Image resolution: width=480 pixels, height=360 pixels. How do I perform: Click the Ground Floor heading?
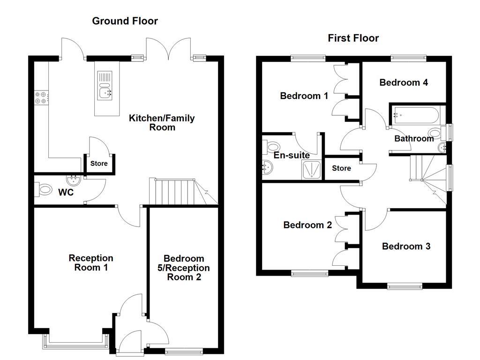(125, 21)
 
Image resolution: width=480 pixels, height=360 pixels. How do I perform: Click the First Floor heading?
(353, 38)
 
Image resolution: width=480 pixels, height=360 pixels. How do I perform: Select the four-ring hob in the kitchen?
(41, 97)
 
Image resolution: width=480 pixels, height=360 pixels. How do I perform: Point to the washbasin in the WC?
(74, 180)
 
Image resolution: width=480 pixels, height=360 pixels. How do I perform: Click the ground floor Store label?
(99, 164)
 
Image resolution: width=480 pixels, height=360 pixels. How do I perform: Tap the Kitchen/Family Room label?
(162, 122)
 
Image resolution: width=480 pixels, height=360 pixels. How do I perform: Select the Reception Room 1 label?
(91, 262)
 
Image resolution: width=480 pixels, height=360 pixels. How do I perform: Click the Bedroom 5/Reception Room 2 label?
(184, 268)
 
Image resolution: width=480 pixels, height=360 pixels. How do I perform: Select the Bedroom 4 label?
(404, 82)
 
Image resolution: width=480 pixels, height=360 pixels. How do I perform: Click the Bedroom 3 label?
(406, 246)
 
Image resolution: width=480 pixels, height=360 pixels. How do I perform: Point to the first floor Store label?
(341, 168)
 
